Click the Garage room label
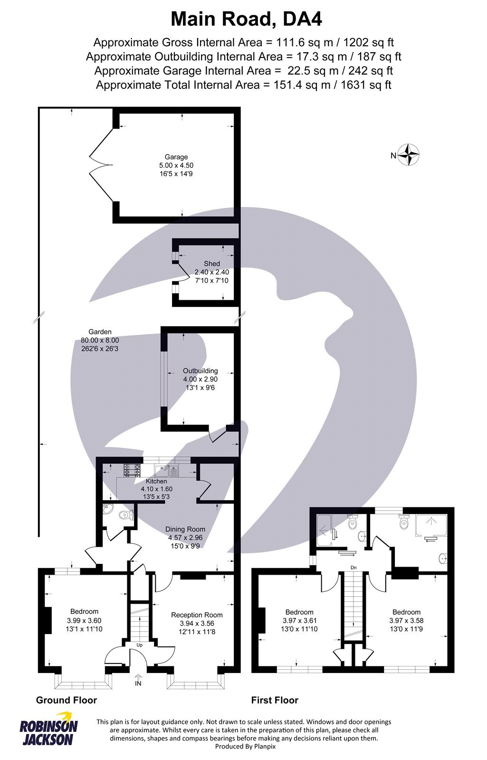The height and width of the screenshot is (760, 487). pyautogui.click(x=176, y=157)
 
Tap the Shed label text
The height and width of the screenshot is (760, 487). pyautogui.click(x=212, y=264)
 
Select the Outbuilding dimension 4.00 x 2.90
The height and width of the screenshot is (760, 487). pyautogui.click(x=201, y=380)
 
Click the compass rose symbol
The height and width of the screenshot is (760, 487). pyautogui.click(x=409, y=155)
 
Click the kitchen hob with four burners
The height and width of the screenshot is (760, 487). pyautogui.click(x=132, y=470)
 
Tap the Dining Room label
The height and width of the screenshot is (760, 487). pyautogui.click(x=185, y=529)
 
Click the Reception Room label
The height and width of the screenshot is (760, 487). pyautogui.click(x=197, y=615)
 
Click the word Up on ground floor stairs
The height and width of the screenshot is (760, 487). pyautogui.click(x=140, y=646)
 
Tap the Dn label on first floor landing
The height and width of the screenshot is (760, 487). pyautogui.click(x=353, y=568)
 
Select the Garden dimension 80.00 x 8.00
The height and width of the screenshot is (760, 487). pyautogui.click(x=100, y=340)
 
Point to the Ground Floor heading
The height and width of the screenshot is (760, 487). pyautogui.click(x=67, y=700)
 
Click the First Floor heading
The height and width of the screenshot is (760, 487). pyautogui.click(x=275, y=700)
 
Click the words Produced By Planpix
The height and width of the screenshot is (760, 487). pyautogui.click(x=245, y=746)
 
